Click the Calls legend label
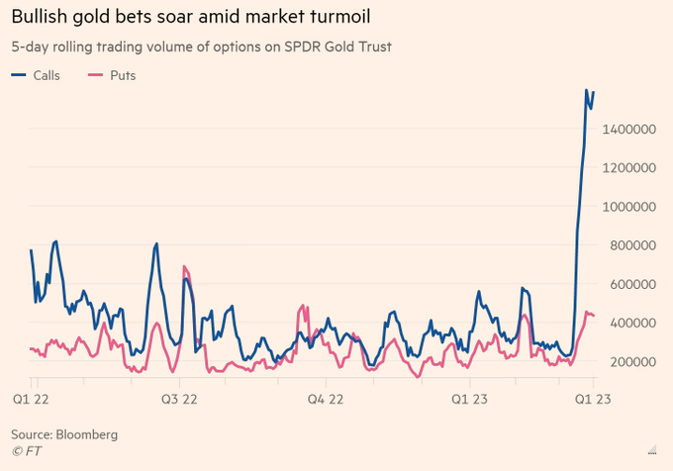pos(46,75)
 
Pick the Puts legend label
pos(121,75)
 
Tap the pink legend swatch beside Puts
pos(96,75)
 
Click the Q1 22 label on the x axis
pos(32,399)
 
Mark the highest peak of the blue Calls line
pos(587,90)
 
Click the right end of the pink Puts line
pos(593,316)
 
